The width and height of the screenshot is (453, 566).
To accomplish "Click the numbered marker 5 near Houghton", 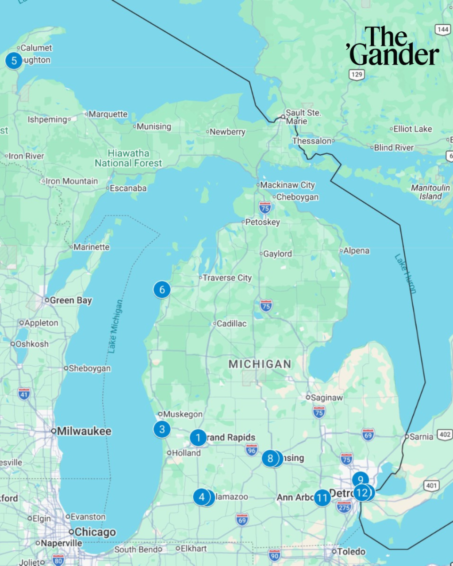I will (14, 61).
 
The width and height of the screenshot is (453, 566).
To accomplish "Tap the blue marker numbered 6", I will (162, 290).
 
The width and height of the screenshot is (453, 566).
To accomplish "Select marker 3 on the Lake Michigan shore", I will (162, 429).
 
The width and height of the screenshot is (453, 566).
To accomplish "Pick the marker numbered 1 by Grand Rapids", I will (198, 438).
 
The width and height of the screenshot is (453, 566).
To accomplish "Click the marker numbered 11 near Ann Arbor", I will (322, 498).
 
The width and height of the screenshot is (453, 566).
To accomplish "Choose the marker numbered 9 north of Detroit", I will (361, 479).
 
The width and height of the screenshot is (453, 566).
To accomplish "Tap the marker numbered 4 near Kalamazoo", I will (202, 497).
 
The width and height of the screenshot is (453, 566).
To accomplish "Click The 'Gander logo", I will (393, 46).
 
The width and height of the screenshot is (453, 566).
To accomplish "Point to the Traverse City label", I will (226, 278).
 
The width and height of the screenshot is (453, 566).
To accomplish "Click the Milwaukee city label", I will (84, 431).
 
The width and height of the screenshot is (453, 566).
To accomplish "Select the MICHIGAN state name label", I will (260, 364).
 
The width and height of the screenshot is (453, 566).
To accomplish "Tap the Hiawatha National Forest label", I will (128, 158).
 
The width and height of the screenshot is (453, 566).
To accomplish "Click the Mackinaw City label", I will (287, 185).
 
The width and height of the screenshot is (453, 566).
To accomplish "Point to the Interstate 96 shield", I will (251, 450).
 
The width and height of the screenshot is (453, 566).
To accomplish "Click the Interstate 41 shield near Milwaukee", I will (24, 394).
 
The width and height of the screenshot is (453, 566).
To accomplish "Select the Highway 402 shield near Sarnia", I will (444, 435).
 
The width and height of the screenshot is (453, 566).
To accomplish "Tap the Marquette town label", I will (107, 114).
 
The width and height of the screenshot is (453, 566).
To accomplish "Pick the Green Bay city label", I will (70, 300).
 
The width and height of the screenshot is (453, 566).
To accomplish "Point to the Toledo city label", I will (351, 551).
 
